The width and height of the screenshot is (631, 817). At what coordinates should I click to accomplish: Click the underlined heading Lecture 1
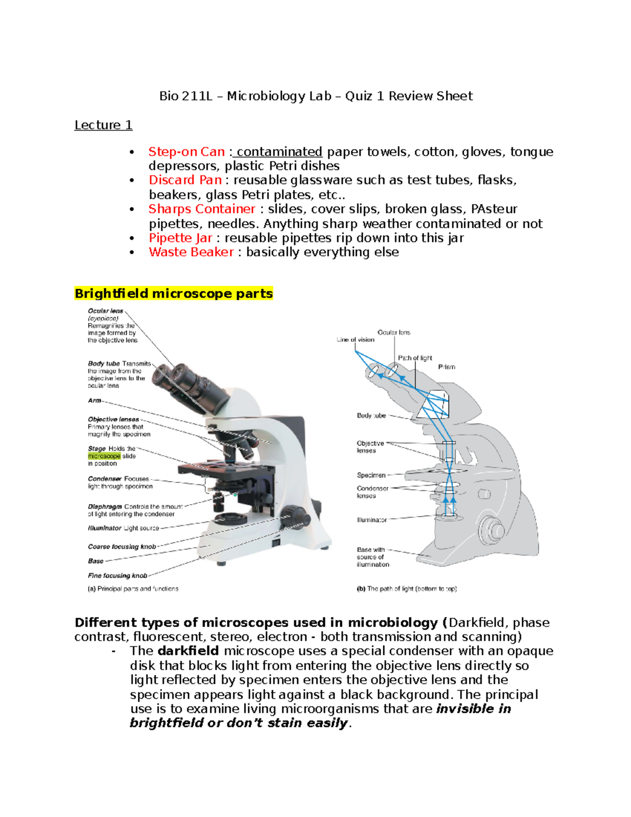103,125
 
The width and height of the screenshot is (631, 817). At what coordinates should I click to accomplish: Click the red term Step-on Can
186,152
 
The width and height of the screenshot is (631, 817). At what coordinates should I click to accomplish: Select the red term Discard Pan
185,180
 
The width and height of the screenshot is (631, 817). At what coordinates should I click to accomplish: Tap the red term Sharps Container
201,209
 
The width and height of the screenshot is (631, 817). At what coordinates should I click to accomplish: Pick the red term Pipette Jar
180,238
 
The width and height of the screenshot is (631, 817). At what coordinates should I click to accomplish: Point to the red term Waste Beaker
191,252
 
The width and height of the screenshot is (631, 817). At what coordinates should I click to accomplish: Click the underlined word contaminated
279,152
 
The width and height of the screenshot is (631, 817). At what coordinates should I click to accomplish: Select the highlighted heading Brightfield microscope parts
174,294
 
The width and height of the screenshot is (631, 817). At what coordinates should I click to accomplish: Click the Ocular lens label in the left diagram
106,311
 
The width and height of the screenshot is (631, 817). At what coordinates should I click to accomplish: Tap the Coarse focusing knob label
122,547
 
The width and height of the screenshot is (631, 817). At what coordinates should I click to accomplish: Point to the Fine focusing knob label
117,576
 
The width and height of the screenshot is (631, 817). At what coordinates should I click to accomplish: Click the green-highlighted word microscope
104,456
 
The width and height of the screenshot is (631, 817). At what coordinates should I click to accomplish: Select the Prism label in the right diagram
446,367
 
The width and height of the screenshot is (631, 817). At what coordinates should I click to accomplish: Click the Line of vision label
355,340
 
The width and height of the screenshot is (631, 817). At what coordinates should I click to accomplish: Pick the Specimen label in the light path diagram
371,475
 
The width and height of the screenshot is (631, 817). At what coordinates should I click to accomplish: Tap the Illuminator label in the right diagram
372,520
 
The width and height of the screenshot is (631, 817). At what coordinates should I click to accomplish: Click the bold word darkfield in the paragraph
188,651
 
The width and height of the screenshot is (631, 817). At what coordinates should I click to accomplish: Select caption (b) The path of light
406,589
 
